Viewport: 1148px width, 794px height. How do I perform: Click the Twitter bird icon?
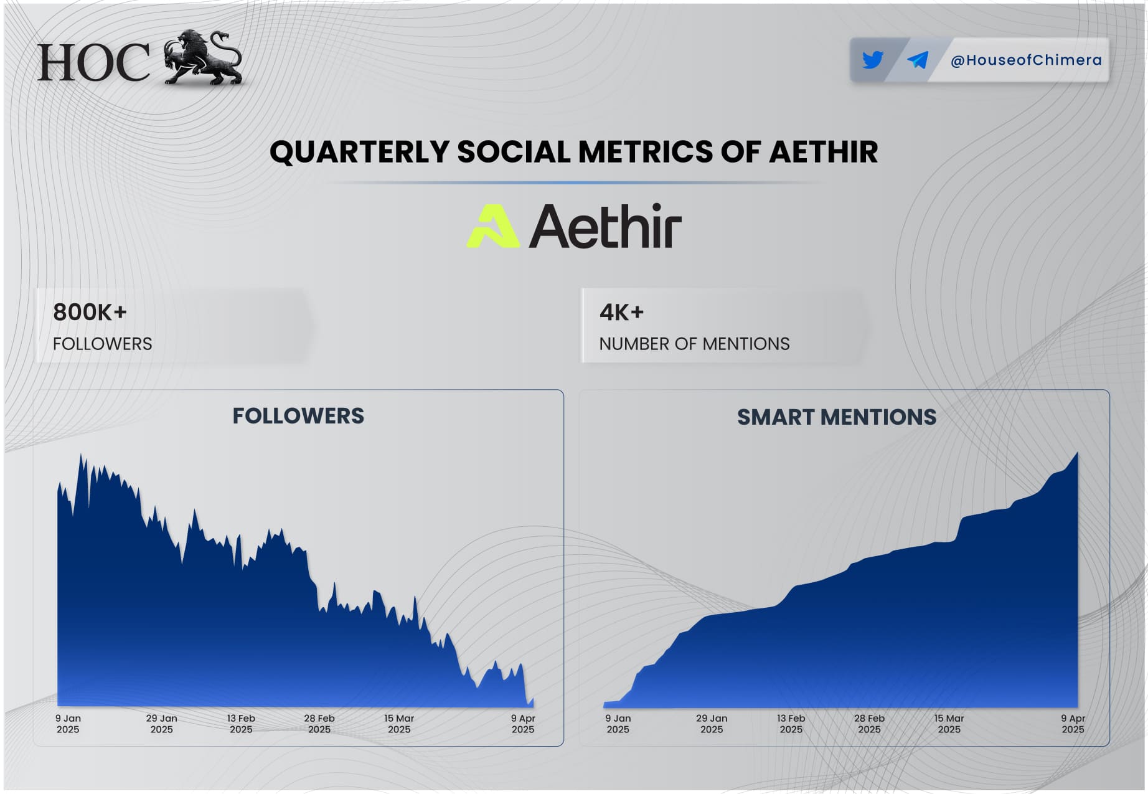point(873,60)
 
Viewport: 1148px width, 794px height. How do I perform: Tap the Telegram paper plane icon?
point(918,60)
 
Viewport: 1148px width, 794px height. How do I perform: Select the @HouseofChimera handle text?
point(1026,60)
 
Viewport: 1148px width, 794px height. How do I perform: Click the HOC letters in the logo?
point(93,62)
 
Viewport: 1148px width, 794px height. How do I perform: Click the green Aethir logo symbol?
point(493,226)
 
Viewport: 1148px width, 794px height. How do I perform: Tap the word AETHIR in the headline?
point(823,152)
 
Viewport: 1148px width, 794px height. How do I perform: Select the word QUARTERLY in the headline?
point(359,153)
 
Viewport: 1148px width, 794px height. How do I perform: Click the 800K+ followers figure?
point(90,312)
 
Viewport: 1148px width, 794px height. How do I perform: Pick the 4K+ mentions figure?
point(621,312)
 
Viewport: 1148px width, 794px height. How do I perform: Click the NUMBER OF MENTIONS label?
point(694,344)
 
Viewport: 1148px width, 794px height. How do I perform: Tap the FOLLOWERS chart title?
point(298,416)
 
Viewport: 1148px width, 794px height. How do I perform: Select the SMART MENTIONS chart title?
point(837,417)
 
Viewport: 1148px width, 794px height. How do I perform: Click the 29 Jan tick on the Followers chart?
point(162,724)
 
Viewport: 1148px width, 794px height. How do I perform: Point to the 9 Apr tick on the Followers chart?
point(523,724)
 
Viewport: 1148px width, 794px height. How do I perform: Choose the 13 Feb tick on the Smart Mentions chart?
point(791,724)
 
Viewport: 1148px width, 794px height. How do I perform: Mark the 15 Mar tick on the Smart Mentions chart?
point(949,724)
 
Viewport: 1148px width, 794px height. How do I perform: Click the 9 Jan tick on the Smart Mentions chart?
point(618,724)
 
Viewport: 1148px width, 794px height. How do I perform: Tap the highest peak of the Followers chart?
point(81,456)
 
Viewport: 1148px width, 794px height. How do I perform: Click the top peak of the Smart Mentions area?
point(1077,453)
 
